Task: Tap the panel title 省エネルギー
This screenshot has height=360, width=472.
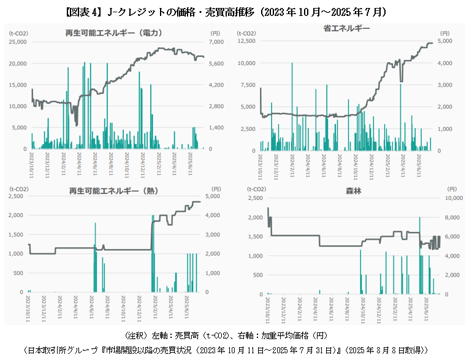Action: [x=346, y=28]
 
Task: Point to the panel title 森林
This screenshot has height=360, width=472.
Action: [x=354, y=191]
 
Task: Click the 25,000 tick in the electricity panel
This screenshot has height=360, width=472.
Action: [x=17, y=42]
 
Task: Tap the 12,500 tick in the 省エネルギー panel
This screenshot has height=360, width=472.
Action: [x=246, y=41]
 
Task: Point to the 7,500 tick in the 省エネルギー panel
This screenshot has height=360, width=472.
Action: [x=248, y=85]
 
